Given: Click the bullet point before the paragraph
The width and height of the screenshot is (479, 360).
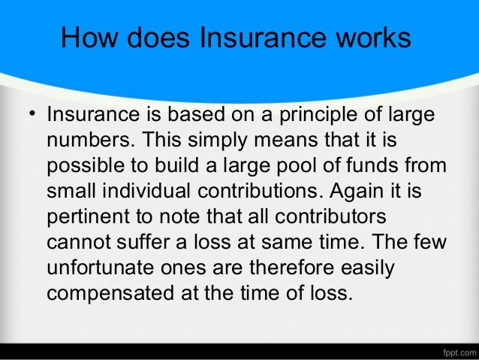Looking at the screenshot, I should point(31,116).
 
